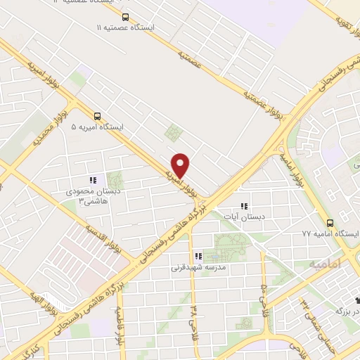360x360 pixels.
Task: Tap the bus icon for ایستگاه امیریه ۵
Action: coord(97,117)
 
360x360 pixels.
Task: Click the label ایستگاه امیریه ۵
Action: coord(97,128)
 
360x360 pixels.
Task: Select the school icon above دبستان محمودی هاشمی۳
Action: coord(94,180)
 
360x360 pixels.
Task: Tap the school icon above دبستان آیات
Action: coord(244,206)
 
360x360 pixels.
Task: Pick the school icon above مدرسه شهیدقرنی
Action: coord(198,257)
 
